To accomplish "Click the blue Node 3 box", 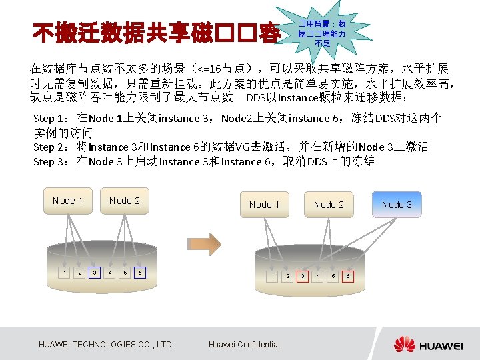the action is [397, 205].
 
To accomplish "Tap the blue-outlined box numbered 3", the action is [95, 272].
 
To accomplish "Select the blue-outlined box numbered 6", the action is [139, 272].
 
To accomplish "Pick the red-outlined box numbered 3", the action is [303, 275].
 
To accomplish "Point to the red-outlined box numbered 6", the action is [347, 275].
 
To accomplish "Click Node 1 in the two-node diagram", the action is [67, 201].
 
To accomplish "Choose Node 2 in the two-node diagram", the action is [125, 201].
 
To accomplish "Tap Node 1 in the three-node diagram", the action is [264, 205].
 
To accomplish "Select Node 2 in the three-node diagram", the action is [329, 205].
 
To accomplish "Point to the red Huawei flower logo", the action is [404, 344].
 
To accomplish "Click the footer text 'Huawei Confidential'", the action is [244, 344].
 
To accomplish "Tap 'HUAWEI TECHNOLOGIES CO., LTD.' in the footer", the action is [107, 344].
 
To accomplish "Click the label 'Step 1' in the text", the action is [48, 119].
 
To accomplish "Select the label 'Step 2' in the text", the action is [48, 147].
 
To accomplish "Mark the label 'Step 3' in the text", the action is [48, 161].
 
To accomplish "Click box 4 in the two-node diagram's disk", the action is [110, 272].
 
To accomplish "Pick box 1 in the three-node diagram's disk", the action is [273, 275].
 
